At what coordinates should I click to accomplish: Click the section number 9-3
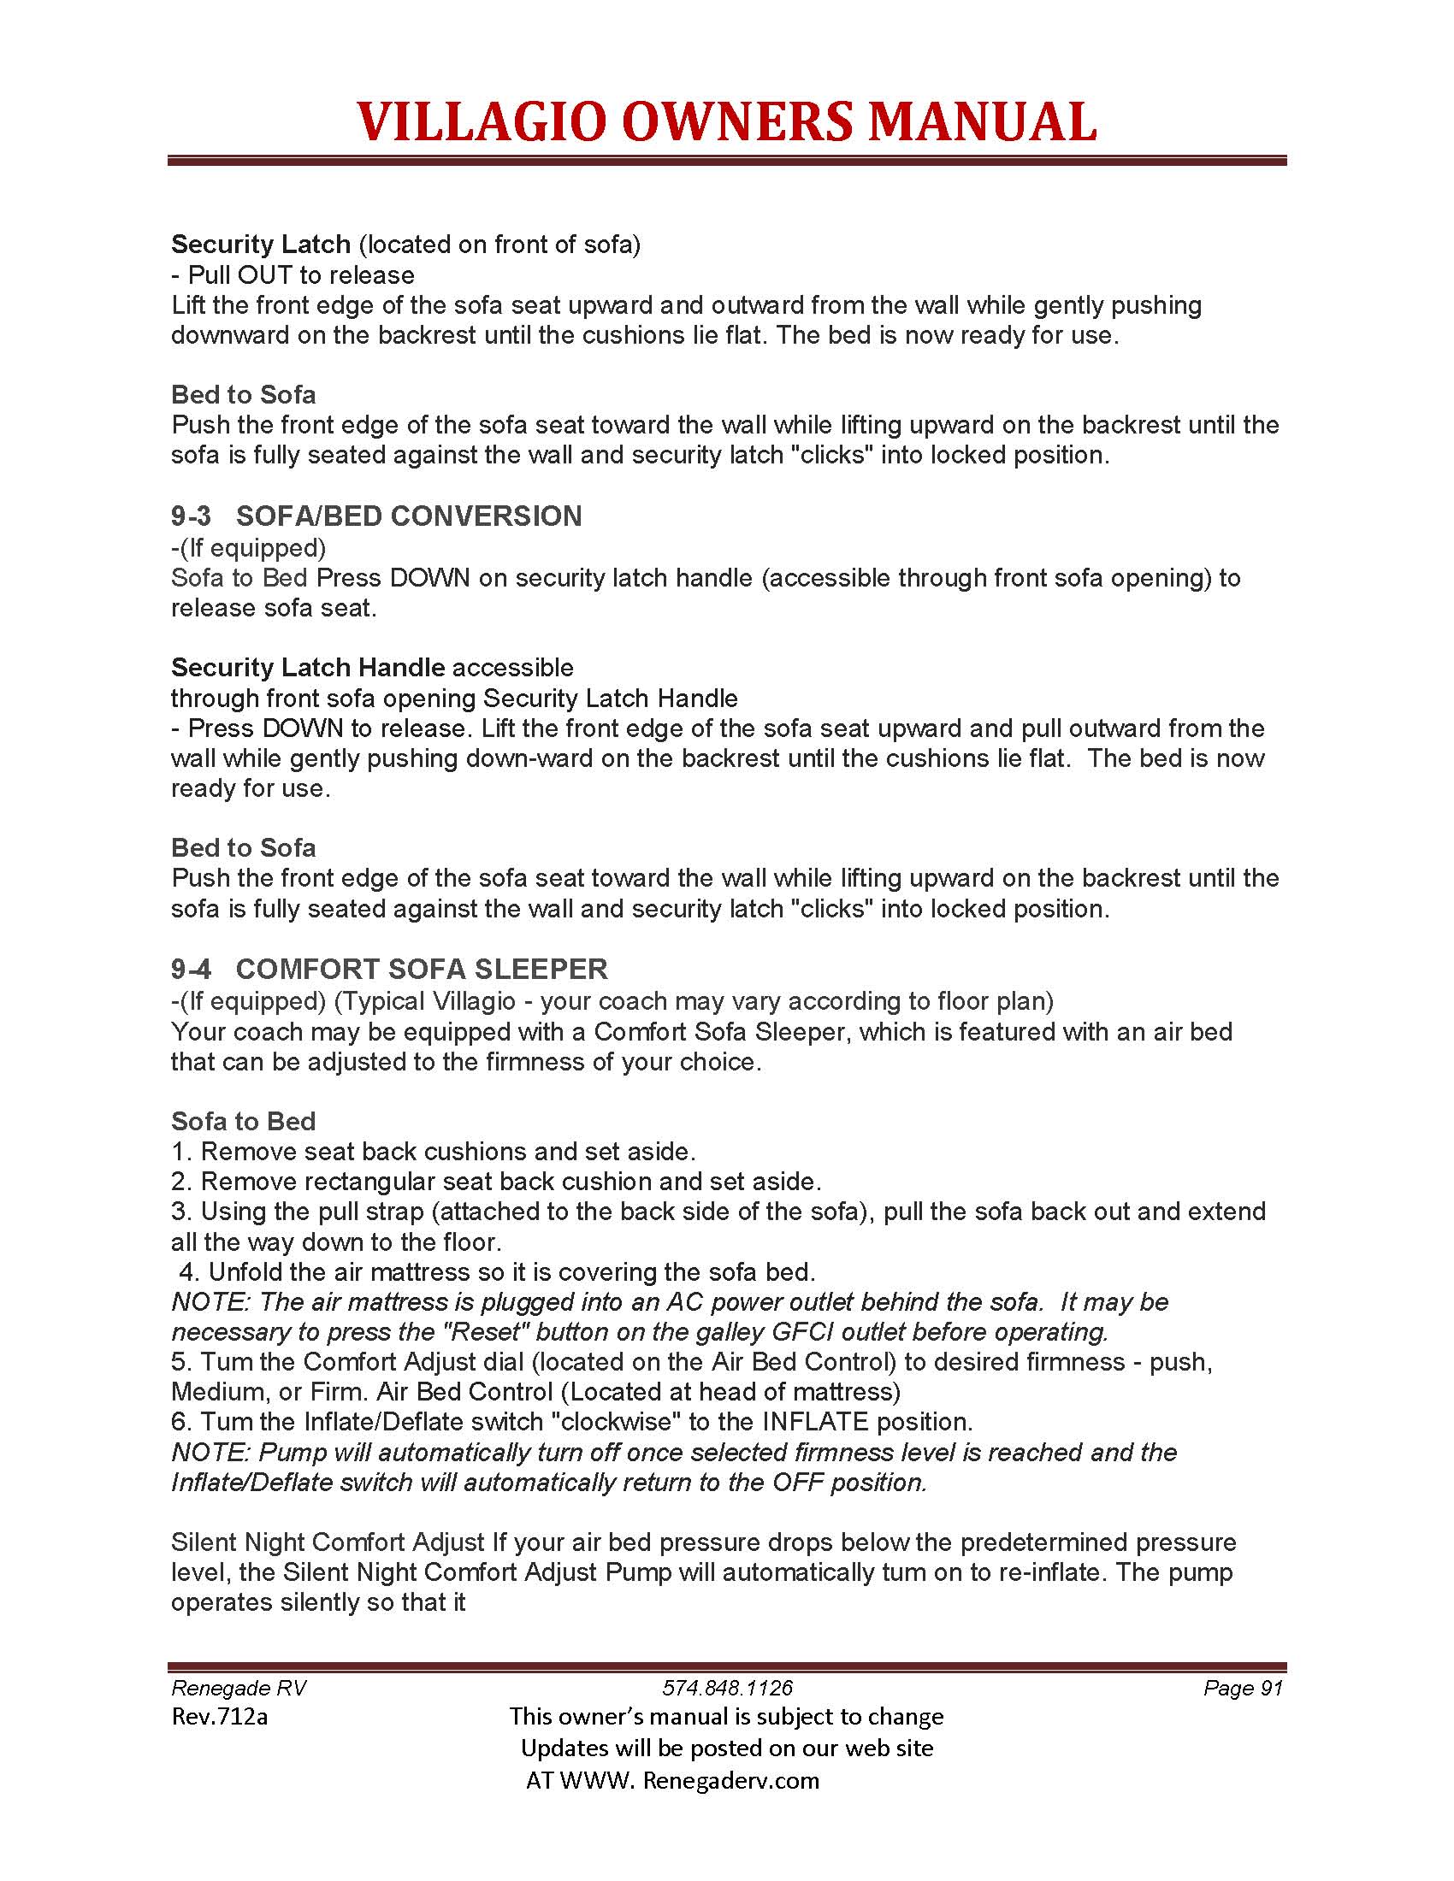[x=191, y=516]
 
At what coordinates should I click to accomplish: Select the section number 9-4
[x=191, y=970]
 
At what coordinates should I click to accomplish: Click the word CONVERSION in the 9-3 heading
[x=488, y=516]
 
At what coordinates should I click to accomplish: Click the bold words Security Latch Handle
[x=308, y=668]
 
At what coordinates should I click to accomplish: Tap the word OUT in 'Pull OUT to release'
[x=264, y=275]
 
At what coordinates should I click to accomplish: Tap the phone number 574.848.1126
[x=727, y=1688]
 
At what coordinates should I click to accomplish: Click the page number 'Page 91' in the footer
[x=1243, y=1688]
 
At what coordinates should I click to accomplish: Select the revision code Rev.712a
[x=220, y=1718]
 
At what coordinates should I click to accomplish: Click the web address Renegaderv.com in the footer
[x=730, y=1780]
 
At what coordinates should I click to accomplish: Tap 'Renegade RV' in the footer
[x=239, y=1688]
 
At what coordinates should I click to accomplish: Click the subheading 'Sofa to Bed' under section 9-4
[x=243, y=1122]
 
